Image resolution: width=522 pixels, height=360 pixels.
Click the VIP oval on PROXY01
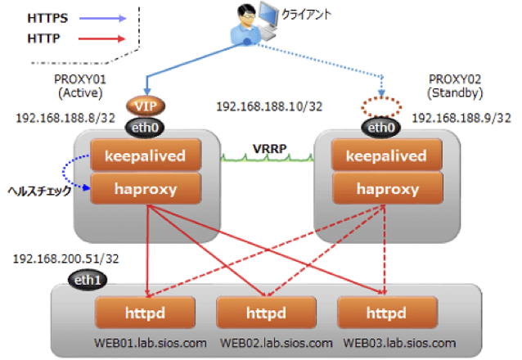(x=146, y=107)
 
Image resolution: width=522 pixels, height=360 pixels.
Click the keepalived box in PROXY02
(x=377, y=155)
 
